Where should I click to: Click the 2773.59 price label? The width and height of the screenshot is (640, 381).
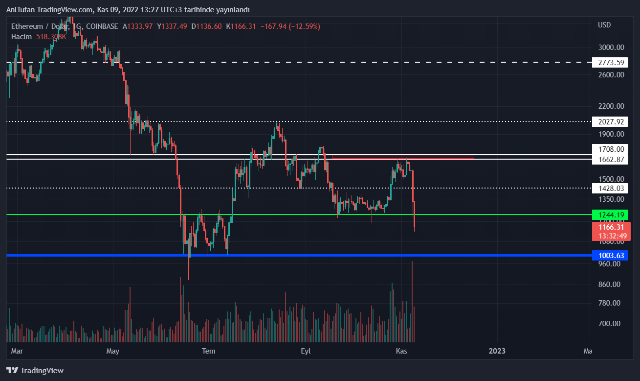click(609, 62)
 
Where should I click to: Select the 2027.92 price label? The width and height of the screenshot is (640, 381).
click(609, 121)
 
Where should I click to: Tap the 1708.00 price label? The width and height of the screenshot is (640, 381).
click(609, 149)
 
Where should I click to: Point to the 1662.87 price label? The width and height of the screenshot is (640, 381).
click(609, 160)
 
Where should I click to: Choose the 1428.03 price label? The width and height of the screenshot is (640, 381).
click(609, 188)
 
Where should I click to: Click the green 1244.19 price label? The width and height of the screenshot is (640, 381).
click(609, 214)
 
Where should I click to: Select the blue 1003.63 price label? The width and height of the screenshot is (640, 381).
click(609, 255)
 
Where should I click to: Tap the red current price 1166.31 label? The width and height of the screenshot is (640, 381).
click(609, 227)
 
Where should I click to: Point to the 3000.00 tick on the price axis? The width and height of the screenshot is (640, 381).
click(611, 48)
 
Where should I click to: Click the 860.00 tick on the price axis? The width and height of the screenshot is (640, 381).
click(609, 285)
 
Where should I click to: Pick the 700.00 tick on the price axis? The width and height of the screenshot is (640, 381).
click(609, 324)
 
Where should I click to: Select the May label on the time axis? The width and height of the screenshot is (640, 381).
click(113, 351)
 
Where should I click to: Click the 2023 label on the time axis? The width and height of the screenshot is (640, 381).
click(497, 351)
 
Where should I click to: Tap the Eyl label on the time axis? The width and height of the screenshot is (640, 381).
click(306, 351)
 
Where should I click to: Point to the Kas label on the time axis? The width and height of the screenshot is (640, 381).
click(401, 351)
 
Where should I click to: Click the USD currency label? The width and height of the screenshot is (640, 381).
click(604, 25)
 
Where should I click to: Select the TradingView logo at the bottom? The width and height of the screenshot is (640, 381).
click(35, 371)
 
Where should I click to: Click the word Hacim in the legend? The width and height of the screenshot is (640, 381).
click(22, 36)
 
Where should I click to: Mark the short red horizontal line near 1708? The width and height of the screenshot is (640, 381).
click(403, 156)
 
